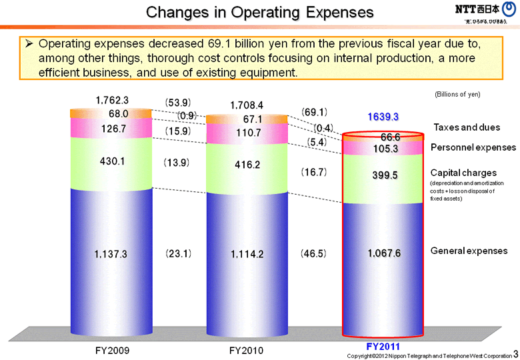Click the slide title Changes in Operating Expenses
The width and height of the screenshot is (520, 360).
tap(260, 12)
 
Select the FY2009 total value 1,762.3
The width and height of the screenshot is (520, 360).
tap(112, 101)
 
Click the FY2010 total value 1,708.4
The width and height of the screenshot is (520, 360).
tap(247, 105)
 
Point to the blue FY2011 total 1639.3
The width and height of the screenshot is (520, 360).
tap(383, 117)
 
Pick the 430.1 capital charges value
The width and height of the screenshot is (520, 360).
tap(112, 161)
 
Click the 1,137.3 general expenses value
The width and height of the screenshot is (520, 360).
tap(112, 254)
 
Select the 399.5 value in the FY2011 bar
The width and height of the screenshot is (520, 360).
tap(383, 175)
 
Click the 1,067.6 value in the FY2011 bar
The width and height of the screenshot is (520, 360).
tap(383, 253)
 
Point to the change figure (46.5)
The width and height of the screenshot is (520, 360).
tap(313, 254)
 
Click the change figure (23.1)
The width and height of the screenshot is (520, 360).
tap(178, 254)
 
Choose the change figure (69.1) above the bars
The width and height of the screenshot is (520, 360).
tap(313, 112)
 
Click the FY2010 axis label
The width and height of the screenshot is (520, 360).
tap(246, 350)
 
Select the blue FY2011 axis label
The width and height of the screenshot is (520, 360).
tap(383, 348)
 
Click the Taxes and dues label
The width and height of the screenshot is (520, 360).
tap(467, 127)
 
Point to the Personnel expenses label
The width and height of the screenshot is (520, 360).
tap(473, 147)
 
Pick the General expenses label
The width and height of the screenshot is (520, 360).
tap(469, 251)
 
